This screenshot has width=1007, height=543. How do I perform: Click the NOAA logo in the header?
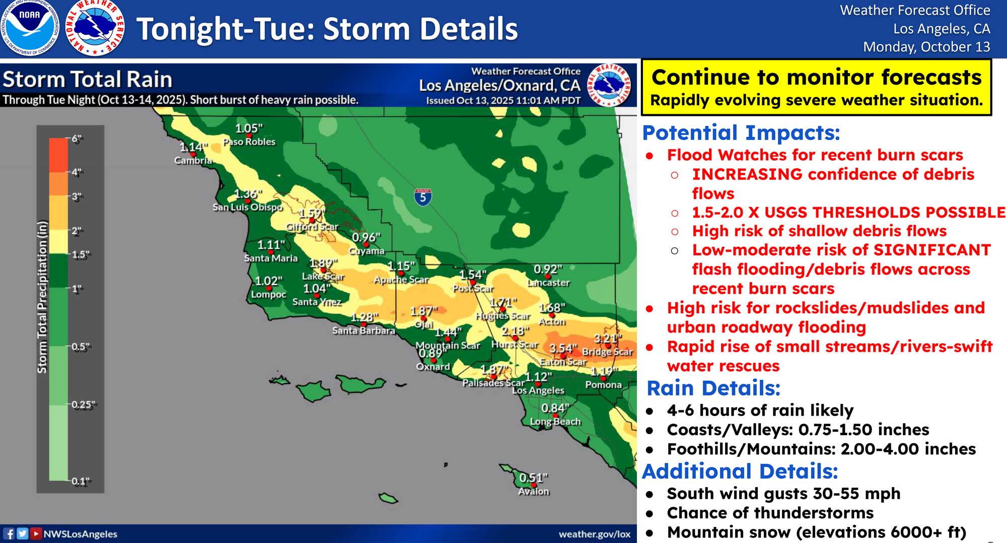coord(29,28)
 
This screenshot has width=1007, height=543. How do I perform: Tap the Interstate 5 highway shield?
coord(422,197)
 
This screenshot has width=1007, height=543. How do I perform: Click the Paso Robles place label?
coord(249,142)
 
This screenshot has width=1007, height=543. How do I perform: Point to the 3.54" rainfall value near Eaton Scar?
coord(563,348)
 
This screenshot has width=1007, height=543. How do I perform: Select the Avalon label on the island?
coord(534,491)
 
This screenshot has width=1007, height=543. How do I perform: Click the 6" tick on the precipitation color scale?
coord(76,139)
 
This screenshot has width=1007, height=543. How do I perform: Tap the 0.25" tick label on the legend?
coord(83,404)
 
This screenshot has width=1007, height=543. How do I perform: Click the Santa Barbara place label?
coord(363,330)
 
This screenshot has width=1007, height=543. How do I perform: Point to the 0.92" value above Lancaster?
coord(548,269)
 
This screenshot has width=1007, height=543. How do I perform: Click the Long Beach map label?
coord(555,422)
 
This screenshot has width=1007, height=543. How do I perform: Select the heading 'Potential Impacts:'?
coord(741,133)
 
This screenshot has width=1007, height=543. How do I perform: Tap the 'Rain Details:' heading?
coord(713,388)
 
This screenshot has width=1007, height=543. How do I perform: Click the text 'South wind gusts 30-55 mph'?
coord(783,494)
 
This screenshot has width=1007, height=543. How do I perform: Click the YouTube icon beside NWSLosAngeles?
coord(35,533)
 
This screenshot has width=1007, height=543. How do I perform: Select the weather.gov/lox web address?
coord(594,534)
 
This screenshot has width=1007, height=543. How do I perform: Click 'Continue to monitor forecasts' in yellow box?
coord(816,78)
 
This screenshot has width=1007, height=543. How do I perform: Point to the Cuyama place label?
coord(367,251)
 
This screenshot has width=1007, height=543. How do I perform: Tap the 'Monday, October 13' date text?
coord(926,47)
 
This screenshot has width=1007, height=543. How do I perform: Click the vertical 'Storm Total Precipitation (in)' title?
coord(42,297)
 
